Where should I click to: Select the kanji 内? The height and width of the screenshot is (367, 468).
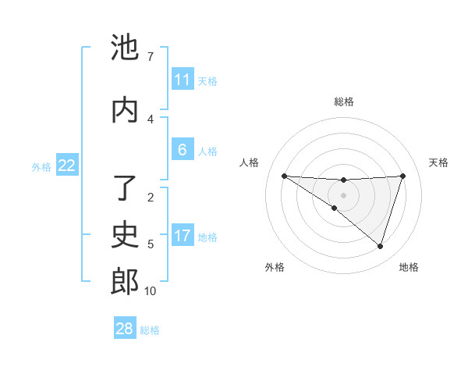(x=125, y=110)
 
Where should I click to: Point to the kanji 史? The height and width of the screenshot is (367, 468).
(x=125, y=235)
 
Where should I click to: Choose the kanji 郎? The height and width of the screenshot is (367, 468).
(x=125, y=282)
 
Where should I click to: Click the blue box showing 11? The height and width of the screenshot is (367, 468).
(x=183, y=80)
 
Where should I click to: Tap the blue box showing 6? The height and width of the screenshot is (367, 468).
(x=183, y=150)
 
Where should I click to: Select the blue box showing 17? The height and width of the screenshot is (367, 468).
(x=183, y=236)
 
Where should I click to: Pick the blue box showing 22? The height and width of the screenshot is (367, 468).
(x=67, y=166)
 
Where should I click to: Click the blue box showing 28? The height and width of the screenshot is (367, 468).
(x=125, y=329)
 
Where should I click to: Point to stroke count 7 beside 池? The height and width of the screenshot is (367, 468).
(x=150, y=57)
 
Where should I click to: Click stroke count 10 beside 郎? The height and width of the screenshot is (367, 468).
(x=150, y=291)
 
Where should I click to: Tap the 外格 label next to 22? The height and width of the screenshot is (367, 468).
(x=41, y=166)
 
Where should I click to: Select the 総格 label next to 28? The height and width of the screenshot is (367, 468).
(x=150, y=330)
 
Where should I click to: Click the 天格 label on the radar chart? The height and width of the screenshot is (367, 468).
(x=439, y=162)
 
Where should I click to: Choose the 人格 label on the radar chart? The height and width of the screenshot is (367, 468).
(x=250, y=162)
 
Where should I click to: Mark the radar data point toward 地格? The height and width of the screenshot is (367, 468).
(x=380, y=246)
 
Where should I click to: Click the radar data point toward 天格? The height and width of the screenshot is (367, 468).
(x=402, y=176)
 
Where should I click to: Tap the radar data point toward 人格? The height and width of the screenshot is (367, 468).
(x=284, y=176)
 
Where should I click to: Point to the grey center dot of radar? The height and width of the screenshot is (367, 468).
(x=343, y=195)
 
